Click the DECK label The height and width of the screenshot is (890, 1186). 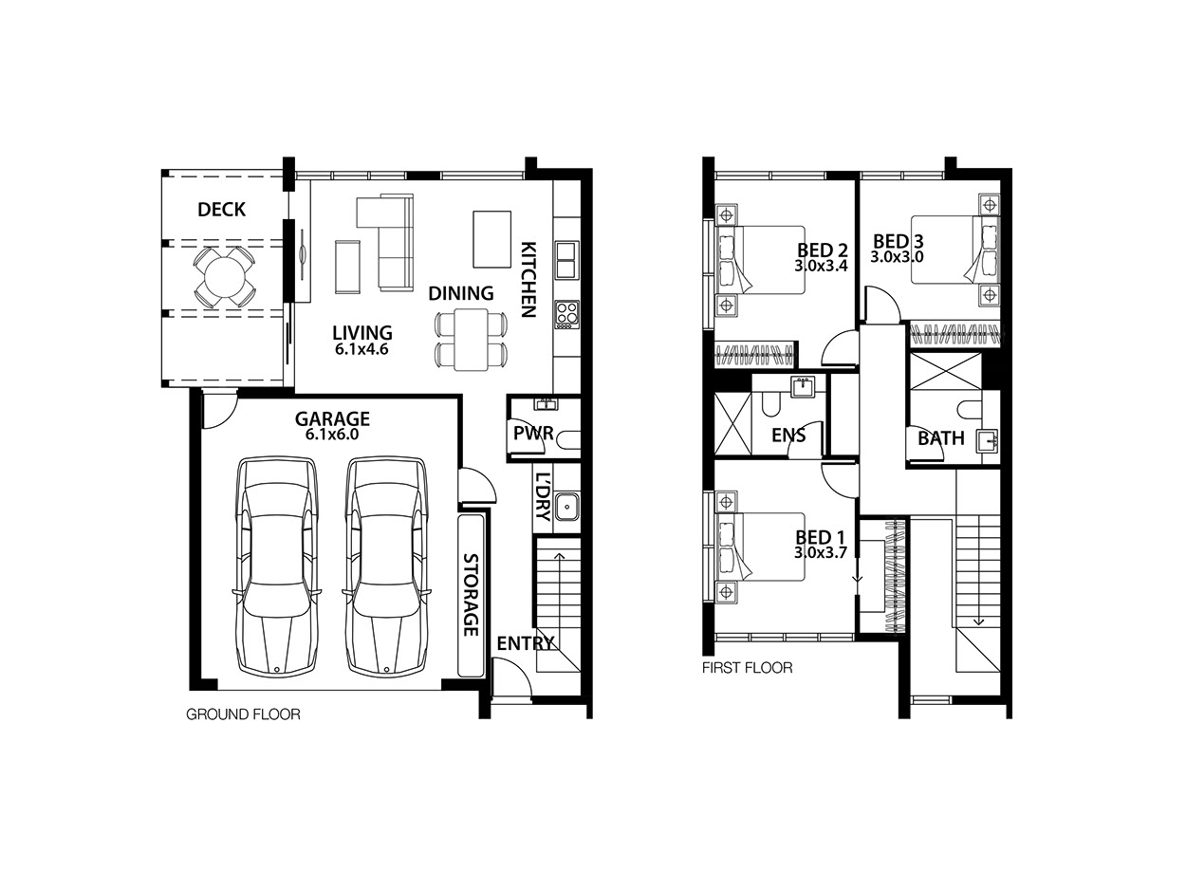(221, 209)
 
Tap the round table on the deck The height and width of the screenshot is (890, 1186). (224, 277)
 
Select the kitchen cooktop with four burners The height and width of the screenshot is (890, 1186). (566, 314)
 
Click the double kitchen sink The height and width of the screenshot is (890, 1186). (566, 260)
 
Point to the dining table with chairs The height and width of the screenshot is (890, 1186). (472, 339)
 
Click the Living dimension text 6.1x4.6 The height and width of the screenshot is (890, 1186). (361, 349)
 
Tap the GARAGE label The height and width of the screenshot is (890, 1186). (332, 418)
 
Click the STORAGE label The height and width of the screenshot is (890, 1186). (471, 594)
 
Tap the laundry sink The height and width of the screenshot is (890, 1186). (566, 507)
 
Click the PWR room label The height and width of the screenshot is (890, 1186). (533, 433)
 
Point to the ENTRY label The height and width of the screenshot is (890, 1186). (526, 643)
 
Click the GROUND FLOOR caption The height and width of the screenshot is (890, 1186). (243, 714)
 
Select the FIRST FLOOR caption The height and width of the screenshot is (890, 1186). (748, 668)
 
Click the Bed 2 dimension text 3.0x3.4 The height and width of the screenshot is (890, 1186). (821, 266)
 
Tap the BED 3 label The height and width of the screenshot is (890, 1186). (898, 241)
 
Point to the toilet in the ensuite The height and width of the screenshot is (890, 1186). (770, 404)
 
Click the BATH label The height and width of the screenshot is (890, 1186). (940, 438)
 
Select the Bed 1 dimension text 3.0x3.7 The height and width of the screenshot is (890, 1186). (820, 552)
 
